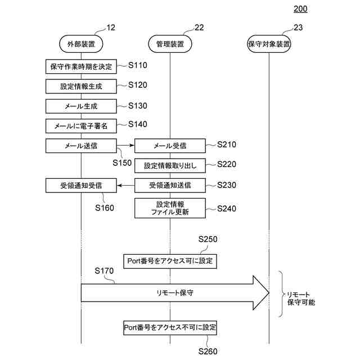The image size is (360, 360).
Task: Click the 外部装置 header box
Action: click(x=81, y=43)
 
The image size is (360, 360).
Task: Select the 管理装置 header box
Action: click(x=170, y=43)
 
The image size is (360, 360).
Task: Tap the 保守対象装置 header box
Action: click(x=269, y=43)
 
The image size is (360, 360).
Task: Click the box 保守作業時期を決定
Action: click(x=81, y=66)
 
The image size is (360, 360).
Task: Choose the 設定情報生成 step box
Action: click(x=81, y=86)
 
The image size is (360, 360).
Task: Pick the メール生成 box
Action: click(x=81, y=106)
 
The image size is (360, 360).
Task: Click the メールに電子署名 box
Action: click(x=81, y=125)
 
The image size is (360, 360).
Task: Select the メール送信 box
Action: click(x=81, y=145)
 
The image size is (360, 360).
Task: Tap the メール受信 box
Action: click(x=170, y=146)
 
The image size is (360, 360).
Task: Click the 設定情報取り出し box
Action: click(x=170, y=165)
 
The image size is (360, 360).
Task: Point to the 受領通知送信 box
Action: click(x=170, y=185)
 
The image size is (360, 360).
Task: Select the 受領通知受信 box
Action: click(x=81, y=185)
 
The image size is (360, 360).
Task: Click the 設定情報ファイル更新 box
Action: click(x=170, y=208)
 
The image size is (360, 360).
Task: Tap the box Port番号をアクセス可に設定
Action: click(x=170, y=261)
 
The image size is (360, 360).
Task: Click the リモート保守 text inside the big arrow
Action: click(x=170, y=293)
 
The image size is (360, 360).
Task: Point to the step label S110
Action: click(x=137, y=65)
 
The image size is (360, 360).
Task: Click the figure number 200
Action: click(x=300, y=8)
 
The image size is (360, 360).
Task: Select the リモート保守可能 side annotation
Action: click(x=300, y=298)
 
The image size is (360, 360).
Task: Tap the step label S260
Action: click(x=208, y=351)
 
